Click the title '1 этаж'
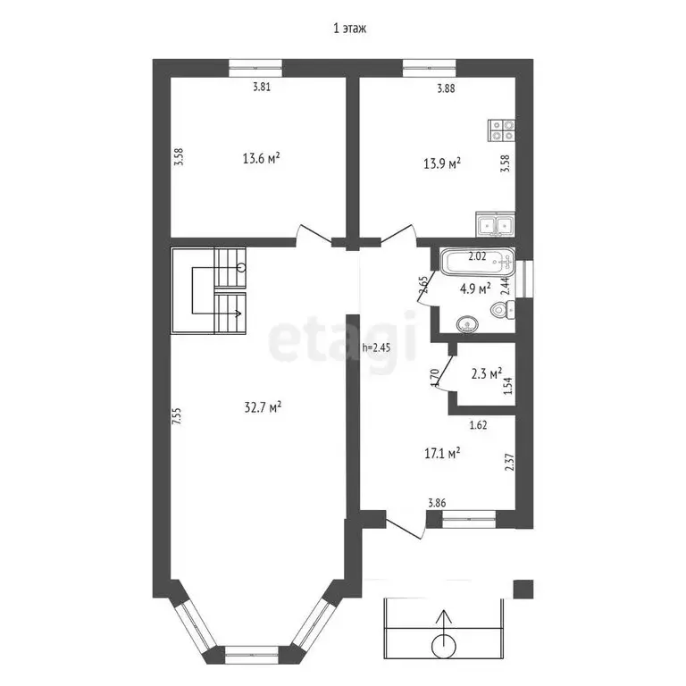click(349, 29)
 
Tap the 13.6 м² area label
click(261, 158)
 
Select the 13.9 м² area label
click(442, 163)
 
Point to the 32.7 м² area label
click(262, 407)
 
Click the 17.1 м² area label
click(442, 453)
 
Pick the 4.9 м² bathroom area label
click(474, 289)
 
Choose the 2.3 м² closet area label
click(486, 373)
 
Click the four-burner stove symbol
click(501, 130)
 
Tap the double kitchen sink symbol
click(495, 224)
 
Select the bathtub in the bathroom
click(477, 262)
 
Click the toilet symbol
click(503, 311)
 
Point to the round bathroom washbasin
click(467, 324)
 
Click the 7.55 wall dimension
click(176, 416)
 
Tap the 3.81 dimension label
click(262, 87)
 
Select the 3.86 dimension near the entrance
click(437, 503)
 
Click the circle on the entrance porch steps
click(444, 646)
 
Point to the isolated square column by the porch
click(523, 589)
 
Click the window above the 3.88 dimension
click(429, 68)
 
